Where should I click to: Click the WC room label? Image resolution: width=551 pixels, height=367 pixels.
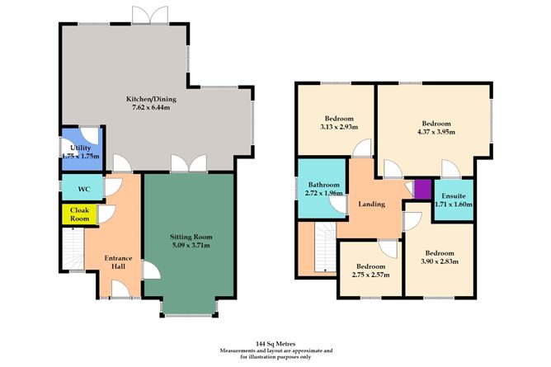point(83,189)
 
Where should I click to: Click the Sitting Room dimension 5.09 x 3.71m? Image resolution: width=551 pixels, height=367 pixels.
point(190,245)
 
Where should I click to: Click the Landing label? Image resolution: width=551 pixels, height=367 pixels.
point(372,204)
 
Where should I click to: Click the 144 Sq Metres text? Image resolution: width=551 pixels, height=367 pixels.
point(275,340)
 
